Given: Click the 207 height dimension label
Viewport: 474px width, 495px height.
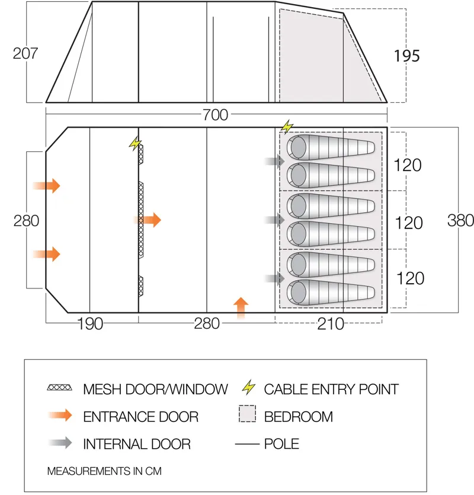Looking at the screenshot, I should pos(25,53).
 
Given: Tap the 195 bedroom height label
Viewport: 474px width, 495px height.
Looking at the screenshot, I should pos(406,56).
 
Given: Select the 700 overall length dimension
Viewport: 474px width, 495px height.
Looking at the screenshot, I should pos(214,115).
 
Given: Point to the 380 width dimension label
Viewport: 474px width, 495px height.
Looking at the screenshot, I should pos(460,220).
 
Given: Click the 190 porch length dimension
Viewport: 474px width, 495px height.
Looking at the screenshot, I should pos(90,323).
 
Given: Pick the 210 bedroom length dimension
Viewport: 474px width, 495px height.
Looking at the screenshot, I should pos(331,323).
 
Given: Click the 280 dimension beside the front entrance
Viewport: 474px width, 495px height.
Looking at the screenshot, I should pos(27,221).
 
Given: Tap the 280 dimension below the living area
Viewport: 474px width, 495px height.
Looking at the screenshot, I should pos(206,323).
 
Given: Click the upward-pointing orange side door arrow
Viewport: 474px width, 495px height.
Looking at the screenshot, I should pos(241,308).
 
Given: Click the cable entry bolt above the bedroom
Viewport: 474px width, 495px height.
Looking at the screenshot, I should pos(287,126).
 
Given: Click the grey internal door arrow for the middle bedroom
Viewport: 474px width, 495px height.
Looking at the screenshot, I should pos(274,220).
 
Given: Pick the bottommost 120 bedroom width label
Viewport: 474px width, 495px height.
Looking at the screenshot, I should pos(409,278).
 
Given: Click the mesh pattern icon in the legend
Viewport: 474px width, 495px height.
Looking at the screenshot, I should pos(59,389).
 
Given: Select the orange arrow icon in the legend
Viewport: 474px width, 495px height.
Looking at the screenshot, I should pos(59,416).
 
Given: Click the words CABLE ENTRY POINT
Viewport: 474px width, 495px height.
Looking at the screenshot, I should pos(331,389).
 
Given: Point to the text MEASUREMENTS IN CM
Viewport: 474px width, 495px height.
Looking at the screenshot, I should pos(104,471).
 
